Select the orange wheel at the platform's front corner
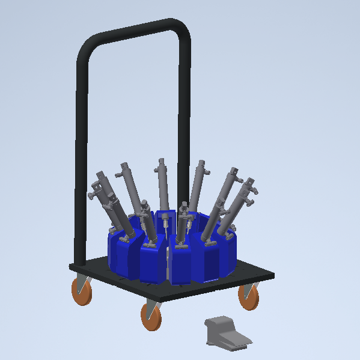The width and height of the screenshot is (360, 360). tap(152, 317)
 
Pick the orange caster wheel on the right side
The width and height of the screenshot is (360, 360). tap(249, 296)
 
